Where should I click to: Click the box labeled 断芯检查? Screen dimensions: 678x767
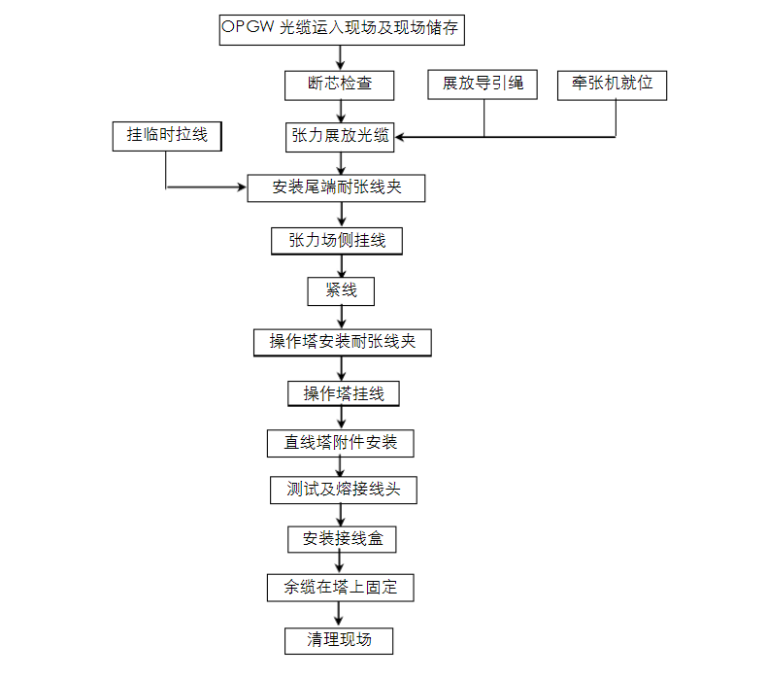pyautogui.click(x=340, y=85)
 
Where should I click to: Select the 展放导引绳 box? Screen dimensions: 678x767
pyautogui.click(x=483, y=85)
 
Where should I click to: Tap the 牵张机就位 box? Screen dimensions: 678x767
pyautogui.click(x=613, y=85)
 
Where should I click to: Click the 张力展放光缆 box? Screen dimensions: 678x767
pyautogui.click(x=340, y=136)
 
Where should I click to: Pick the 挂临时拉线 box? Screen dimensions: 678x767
pyautogui.click(x=167, y=135)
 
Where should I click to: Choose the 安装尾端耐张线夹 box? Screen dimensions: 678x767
pyautogui.click(x=337, y=187)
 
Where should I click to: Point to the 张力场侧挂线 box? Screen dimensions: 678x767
pyautogui.click(x=337, y=240)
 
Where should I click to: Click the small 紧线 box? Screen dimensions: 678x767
pyautogui.click(x=340, y=290)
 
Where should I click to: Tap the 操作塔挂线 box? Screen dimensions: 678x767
pyautogui.click(x=344, y=393)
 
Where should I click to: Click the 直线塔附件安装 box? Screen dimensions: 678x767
pyautogui.click(x=341, y=443)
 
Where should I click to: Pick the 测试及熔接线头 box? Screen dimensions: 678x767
pyautogui.click(x=343, y=490)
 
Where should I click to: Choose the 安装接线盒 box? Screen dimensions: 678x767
pyautogui.click(x=342, y=538)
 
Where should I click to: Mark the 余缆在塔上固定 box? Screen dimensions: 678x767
pyautogui.click(x=341, y=588)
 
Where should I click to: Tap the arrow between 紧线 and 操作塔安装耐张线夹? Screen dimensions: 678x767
pyautogui.click(x=341, y=317)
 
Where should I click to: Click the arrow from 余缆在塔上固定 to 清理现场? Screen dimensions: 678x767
pyautogui.click(x=339, y=614)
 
